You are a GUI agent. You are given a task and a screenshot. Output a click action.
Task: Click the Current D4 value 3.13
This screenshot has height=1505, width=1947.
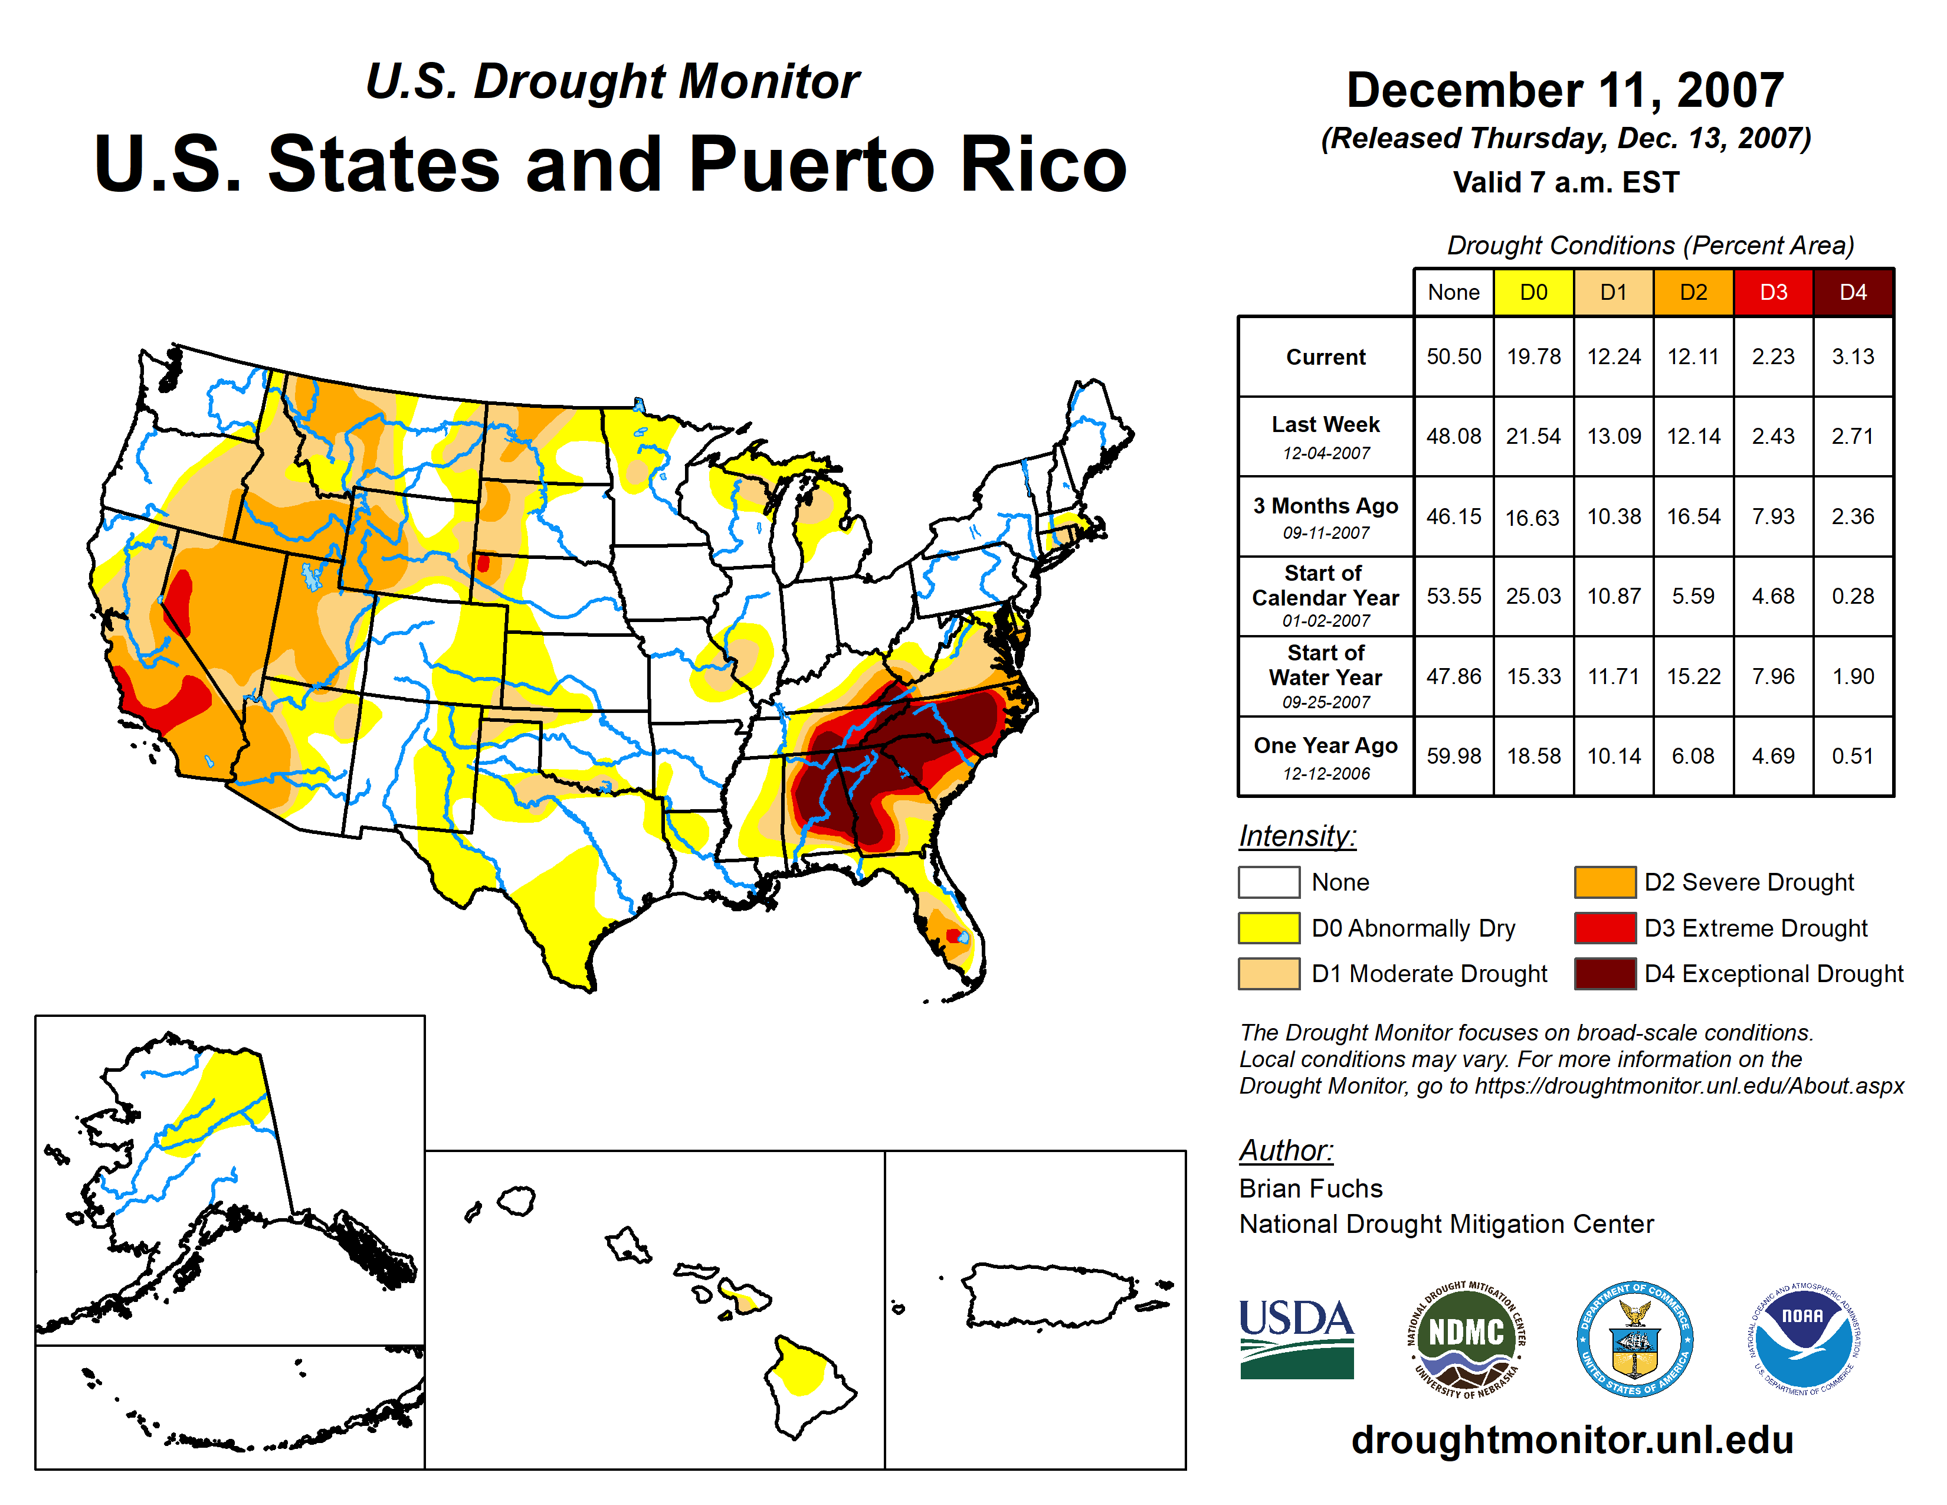[1853, 356]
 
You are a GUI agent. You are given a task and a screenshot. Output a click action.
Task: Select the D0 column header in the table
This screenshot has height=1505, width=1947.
[1533, 292]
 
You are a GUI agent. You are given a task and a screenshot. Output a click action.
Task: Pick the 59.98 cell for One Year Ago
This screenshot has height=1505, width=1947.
[1453, 756]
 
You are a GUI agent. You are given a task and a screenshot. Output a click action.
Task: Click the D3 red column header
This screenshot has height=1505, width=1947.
[1773, 292]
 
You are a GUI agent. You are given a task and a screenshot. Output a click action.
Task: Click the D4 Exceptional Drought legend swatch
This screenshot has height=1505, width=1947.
[1605, 974]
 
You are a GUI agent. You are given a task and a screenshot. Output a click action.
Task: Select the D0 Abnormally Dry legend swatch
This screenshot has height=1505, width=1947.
[1268, 928]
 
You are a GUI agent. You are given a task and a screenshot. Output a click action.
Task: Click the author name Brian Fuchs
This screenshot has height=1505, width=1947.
[1310, 1189]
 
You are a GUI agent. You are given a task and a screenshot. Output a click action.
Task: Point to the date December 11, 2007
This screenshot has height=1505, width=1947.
[1565, 90]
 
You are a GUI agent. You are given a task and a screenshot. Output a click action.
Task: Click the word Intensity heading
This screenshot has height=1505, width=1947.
[1297, 836]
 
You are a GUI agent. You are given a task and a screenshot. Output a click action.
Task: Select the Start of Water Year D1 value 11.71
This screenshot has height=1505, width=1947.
[1614, 677]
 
